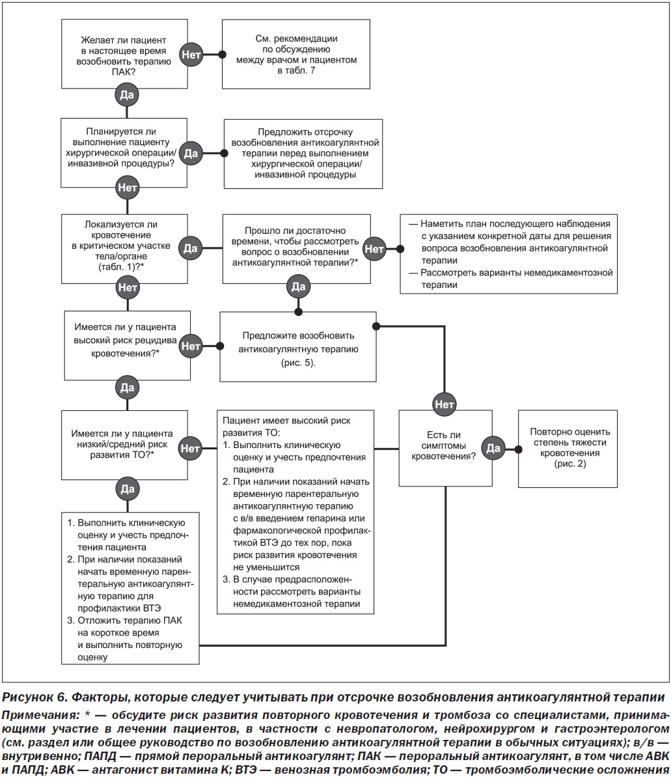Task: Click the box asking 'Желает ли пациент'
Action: pos(124,54)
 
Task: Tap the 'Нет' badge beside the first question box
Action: pos(191,55)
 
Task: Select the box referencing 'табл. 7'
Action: pos(296,54)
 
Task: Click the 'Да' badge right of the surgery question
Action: pos(191,153)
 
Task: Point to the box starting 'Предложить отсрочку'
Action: pos(303,154)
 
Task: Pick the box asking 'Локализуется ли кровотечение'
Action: pos(124,249)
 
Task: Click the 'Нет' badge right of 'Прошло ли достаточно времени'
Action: pos(374,249)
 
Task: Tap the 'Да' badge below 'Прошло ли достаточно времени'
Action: pos(298,287)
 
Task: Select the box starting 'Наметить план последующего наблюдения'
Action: pos(508,254)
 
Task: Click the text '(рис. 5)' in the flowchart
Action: pos(298,363)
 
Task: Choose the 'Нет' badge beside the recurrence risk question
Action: pos(191,346)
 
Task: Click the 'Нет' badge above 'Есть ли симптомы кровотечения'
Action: pos(445,404)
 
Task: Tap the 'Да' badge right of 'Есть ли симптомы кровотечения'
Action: pos(493,449)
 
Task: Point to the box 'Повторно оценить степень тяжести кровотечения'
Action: pos(568,449)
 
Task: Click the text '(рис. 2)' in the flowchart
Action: pos(570,464)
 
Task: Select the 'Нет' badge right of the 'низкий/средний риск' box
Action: pos(191,449)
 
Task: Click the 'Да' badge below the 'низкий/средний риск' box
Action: pos(128,489)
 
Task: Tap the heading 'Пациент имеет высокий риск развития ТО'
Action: pos(287,427)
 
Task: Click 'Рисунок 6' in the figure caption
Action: pos(34,698)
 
